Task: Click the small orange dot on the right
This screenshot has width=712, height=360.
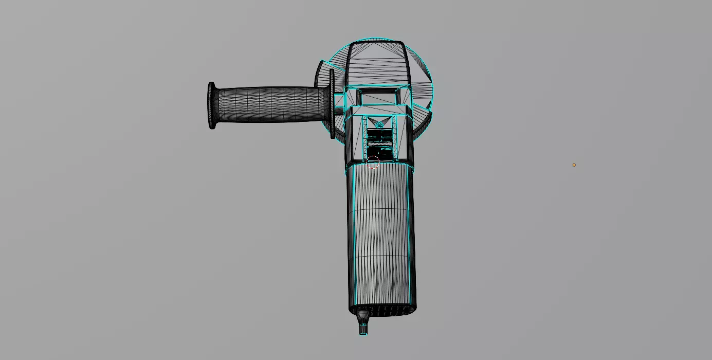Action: point(574,165)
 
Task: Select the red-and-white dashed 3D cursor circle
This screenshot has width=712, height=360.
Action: point(373,163)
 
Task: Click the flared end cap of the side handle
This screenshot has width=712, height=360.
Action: point(211,105)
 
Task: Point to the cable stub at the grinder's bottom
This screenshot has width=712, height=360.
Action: point(363,327)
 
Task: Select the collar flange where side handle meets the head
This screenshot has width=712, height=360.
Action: point(332,104)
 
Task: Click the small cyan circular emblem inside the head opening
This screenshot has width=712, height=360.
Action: point(379,125)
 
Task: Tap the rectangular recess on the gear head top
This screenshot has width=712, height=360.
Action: point(379,96)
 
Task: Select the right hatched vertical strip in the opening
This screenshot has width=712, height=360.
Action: point(394,136)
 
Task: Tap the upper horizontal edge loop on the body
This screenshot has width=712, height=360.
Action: point(381,209)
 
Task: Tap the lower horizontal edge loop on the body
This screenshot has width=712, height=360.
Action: point(381,257)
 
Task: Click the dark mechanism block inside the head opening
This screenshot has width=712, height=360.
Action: point(379,144)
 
